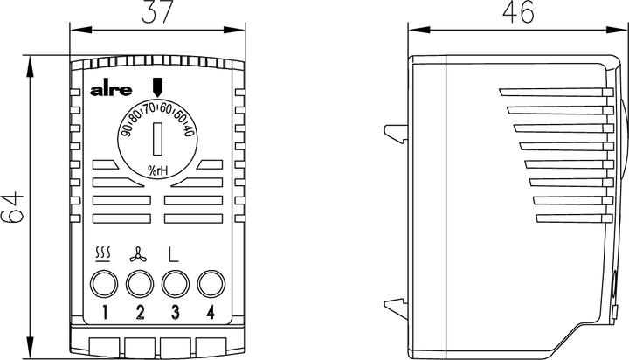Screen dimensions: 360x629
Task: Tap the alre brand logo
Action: pyautogui.click(x=111, y=90)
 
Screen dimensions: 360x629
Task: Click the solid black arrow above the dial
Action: pyautogui.click(x=157, y=87)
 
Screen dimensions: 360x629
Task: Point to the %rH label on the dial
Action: pyautogui.click(x=157, y=168)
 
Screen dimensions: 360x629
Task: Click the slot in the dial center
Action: pyautogui.click(x=157, y=137)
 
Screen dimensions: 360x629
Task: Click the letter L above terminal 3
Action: pyautogui.click(x=174, y=256)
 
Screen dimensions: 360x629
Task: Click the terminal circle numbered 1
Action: pyautogui.click(x=104, y=284)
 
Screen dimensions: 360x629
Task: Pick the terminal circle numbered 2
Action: pyautogui.click(x=139, y=284)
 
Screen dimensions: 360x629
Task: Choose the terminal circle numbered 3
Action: pyautogui.click(x=175, y=284)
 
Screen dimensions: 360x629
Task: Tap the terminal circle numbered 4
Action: pyautogui.click(x=210, y=284)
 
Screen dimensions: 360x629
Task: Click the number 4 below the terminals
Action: pyautogui.click(x=210, y=313)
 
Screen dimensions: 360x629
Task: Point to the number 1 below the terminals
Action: pyautogui.click(x=104, y=313)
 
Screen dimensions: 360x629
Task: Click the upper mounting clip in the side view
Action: pyautogui.click(x=396, y=131)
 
